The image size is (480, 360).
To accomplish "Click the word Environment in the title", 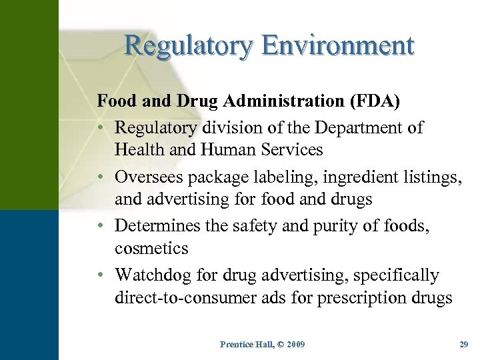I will (x=338, y=45).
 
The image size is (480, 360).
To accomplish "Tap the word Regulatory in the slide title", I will (x=189, y=45).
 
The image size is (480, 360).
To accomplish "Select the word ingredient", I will (x=338, y=177).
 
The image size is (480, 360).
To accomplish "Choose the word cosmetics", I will (x=151, y=249).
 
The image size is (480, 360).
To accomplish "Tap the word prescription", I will (x=367, y=298).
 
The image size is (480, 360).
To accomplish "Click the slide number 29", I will (x=464, y=344).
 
